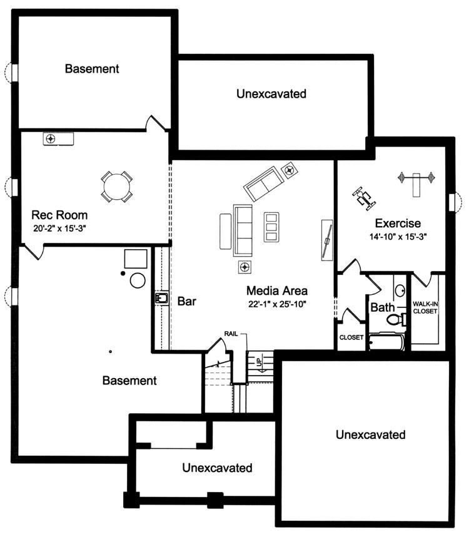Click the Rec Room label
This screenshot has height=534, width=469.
point(60,215)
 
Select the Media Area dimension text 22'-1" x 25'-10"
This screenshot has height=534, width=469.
point(276,304)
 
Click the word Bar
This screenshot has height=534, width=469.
point(187,301)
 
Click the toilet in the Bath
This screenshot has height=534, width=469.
point(396,319)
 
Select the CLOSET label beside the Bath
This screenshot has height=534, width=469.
point(351,337)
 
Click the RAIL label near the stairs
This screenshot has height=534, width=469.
point(233,334)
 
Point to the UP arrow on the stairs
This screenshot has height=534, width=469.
point(257,362)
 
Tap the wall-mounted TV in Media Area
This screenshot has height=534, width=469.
point(326,239)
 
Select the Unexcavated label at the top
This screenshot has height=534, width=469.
point(271,94)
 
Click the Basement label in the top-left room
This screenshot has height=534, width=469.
point(92,68)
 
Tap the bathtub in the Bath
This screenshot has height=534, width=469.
point(386,342)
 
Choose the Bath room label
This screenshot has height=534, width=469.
point(383,307)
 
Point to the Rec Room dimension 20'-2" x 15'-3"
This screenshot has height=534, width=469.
point(59,228)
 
